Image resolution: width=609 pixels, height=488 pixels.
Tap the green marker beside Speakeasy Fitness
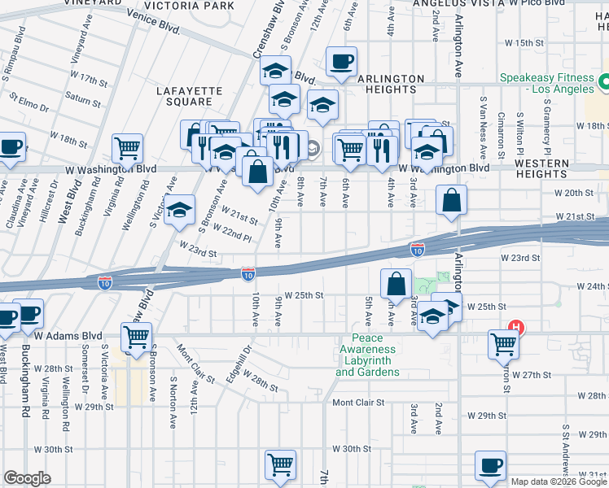604,82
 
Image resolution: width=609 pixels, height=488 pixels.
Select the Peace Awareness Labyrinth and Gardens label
367,355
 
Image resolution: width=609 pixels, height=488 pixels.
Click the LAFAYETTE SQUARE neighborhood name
184,96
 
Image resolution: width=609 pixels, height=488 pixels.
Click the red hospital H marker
515,329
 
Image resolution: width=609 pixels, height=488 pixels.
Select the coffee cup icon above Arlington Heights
340,61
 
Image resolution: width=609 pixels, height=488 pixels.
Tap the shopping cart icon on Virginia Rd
127,148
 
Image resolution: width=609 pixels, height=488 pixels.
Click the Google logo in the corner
27,478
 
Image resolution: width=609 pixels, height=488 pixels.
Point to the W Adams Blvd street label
68,335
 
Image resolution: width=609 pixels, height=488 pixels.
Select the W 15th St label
524,42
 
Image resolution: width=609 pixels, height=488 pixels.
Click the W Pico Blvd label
533,4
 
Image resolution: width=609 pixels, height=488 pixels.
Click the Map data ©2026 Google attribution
559,481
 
